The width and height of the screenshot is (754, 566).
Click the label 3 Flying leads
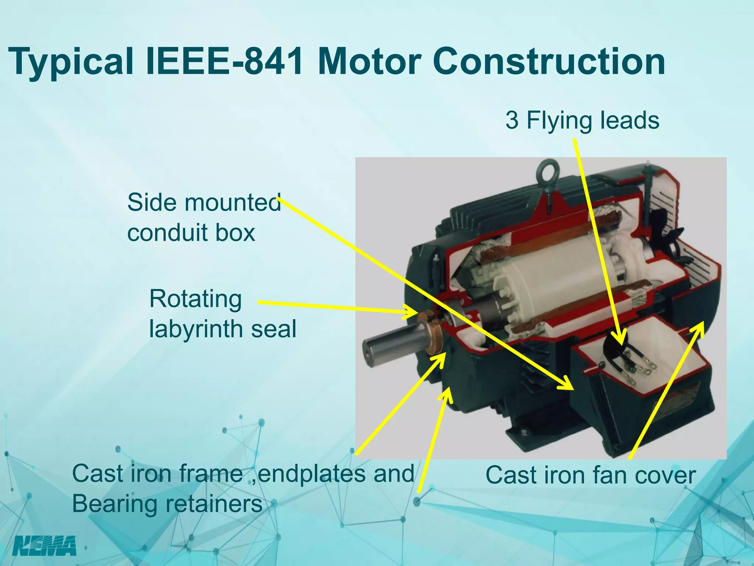pos(582,120)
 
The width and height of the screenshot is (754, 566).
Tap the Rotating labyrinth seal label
pos(222,314)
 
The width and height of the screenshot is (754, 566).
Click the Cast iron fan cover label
pos(591,475)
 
